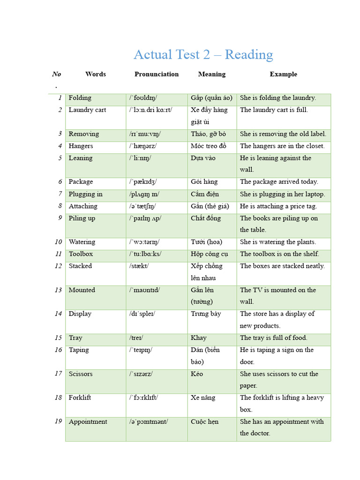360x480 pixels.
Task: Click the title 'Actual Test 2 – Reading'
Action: click(x=203, y=55)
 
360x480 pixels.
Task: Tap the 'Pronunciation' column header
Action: click(x=156, y=74)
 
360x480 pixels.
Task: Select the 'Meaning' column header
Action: click(x=211, y=74)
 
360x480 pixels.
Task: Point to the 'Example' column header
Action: click(x=283, y=74)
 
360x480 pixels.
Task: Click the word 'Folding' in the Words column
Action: click(x=80, y=98)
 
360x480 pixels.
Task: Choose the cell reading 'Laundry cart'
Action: click(x=87, y=110)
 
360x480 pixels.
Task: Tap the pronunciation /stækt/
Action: click(x=140, y=266)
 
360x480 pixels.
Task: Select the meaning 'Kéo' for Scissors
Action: click(x=196, y=374)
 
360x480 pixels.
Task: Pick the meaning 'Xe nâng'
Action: click(x=203, y=398)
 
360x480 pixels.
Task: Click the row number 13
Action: click(x=58, y=290)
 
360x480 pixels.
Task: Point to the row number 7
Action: click(x=60, y=194)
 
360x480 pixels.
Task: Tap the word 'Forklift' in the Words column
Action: click(x=80, y=398)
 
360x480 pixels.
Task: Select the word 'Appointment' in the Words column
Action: click(x=88, y=422)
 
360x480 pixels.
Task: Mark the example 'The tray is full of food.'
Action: click(x=273, y=338)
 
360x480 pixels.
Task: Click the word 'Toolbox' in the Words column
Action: click(x=81, y=254)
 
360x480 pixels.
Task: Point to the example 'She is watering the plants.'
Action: click(x=278, y=242)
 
